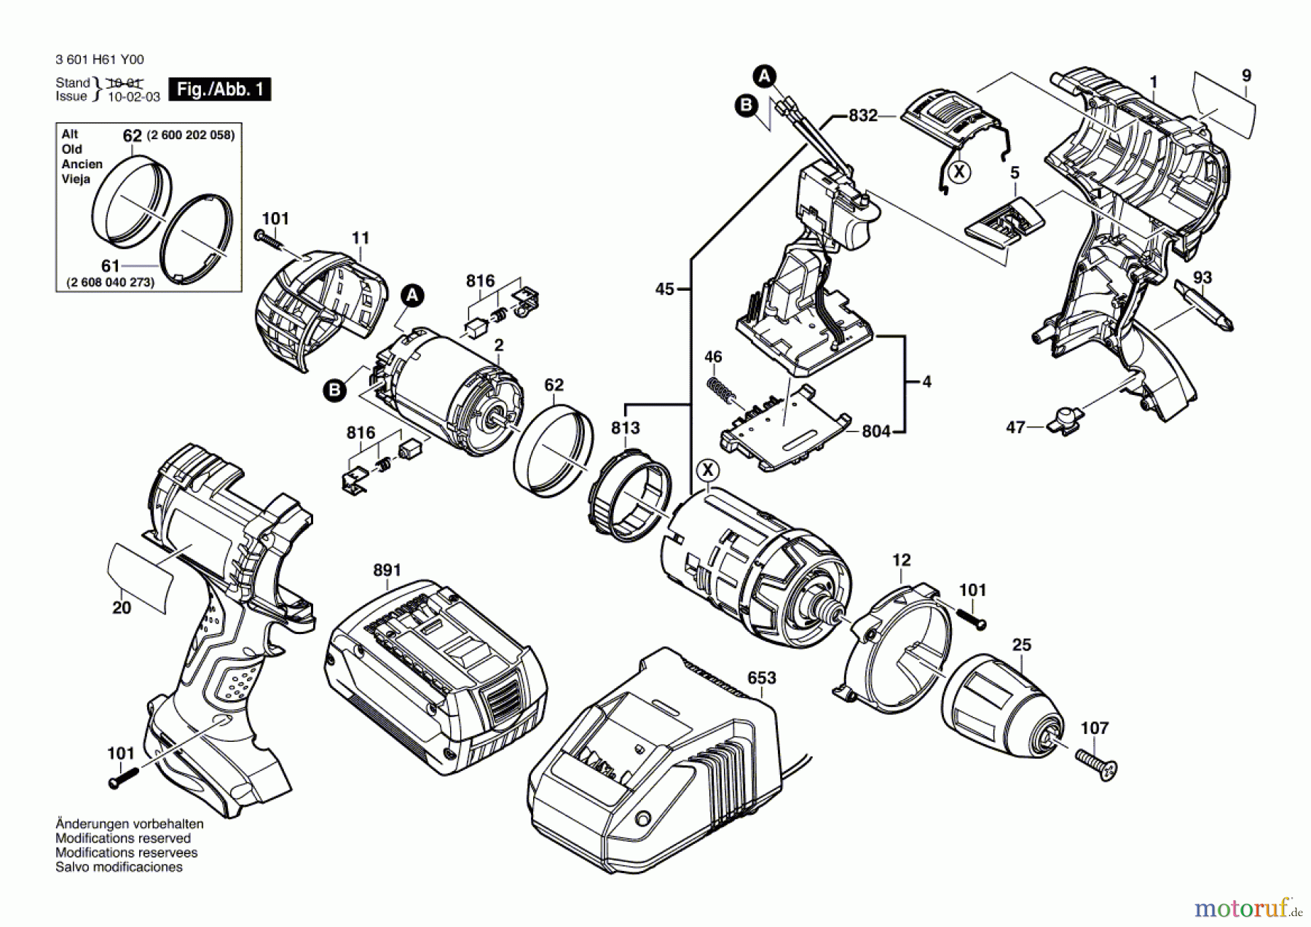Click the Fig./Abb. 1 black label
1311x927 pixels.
tap(219, 90)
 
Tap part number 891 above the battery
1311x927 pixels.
tap(387, 570)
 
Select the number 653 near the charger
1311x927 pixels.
tap(762, 678)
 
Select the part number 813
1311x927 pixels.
tap(626, 428)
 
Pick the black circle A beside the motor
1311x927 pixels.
tap(412, 295)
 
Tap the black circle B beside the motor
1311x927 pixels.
tap(334, 391)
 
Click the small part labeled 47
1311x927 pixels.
tap(1065, 422)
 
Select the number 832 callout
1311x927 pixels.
tap(863, 116)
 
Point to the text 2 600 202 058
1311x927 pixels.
tap(191, 136)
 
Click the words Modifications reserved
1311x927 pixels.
tap(123, 838)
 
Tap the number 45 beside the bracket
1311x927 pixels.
tap(664, 289)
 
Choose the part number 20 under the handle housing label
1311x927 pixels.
tap(122, 608)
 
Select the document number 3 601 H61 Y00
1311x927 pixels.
tap(100, 60)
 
